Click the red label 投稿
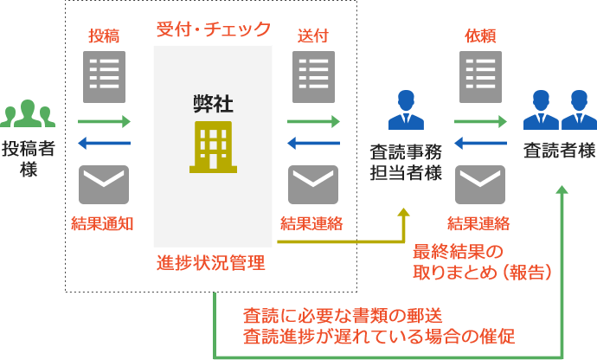[104, 36]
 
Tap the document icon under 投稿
[104, 77]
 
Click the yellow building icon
[213, 146]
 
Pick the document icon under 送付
[313, 77]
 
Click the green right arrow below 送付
[313, 122]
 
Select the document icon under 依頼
[480, 77]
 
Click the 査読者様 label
[560, 152]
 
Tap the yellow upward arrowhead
[404, 213]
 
